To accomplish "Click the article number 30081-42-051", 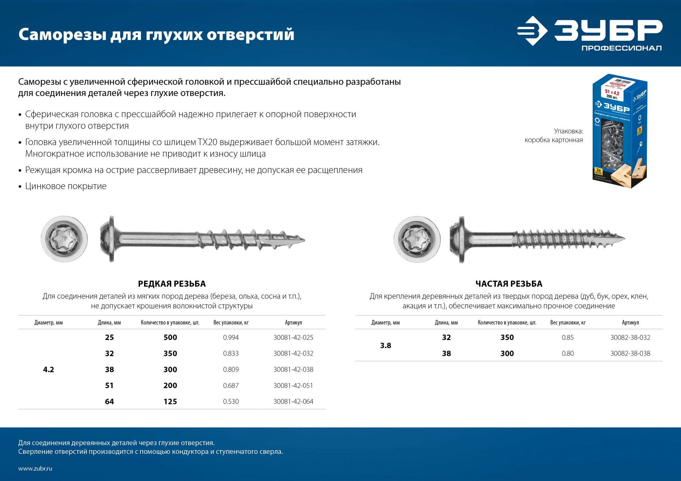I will pos(293,385).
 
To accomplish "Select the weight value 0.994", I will pos(231,337).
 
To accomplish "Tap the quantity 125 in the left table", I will pos(170,402).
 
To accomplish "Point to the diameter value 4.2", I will pos(49,369).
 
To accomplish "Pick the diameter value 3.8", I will pos(386,346).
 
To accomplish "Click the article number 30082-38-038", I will pos(630,353).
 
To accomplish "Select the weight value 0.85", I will pos(567,337).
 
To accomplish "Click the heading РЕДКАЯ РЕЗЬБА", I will pos(172,284).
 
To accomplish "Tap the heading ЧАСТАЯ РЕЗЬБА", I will pos(509,284).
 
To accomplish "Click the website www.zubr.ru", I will pos(35,468).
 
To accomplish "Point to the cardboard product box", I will pos(619,131).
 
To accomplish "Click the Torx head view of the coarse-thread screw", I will pos(64,239).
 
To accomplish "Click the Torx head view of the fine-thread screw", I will pos(417,239).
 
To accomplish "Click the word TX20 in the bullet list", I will pos(207,142).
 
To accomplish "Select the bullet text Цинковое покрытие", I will pos(66,186).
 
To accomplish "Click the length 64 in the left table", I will pos(109,402).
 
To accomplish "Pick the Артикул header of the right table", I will pos(630,323).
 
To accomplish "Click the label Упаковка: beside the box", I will pos(568,131).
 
